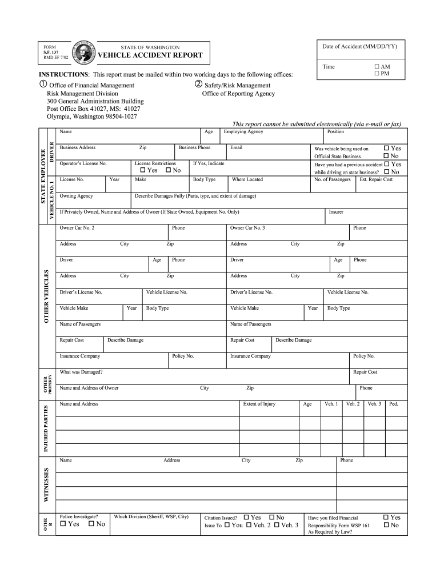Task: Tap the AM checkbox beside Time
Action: [377, 66]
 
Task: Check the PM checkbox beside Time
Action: [377, 74]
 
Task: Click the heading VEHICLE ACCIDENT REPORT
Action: [150, 55]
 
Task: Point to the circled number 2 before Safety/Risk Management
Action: [198, 85]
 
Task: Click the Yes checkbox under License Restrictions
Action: [143, 170]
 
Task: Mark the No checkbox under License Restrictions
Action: [168, 170]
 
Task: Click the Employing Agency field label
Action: [243, 131]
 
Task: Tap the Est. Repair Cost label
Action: [375, 179]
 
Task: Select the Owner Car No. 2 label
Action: [77, 228]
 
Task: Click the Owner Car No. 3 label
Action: [247, 228]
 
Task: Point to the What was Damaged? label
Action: [81, 372]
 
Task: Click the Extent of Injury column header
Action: [259, 404]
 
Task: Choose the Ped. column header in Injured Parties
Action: [393, 404]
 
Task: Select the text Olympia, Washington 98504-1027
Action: [91, 117]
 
